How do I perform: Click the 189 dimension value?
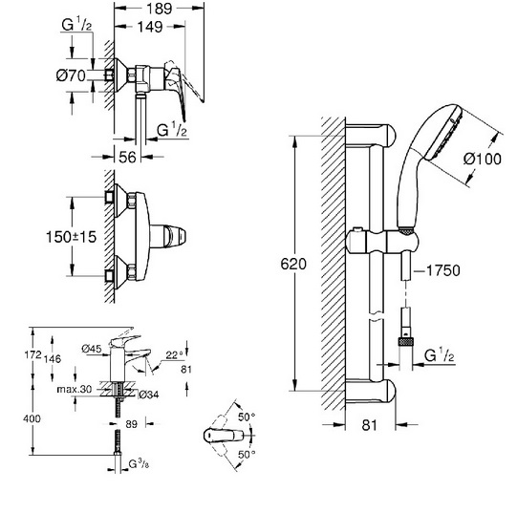(x=160, y=9)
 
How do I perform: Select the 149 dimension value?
(x=150, y=27)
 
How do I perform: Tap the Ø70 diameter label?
(x=71, y=75)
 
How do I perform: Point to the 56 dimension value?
(x=127, y=157)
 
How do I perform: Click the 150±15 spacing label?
(x=71, y=237)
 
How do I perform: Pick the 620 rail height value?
(x=293, y=264)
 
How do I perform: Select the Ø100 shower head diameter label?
(x=483, y=159)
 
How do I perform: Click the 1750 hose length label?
(x=443, y=270)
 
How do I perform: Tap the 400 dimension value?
(x=32, y=418)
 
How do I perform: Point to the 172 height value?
(x=33, y=354)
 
